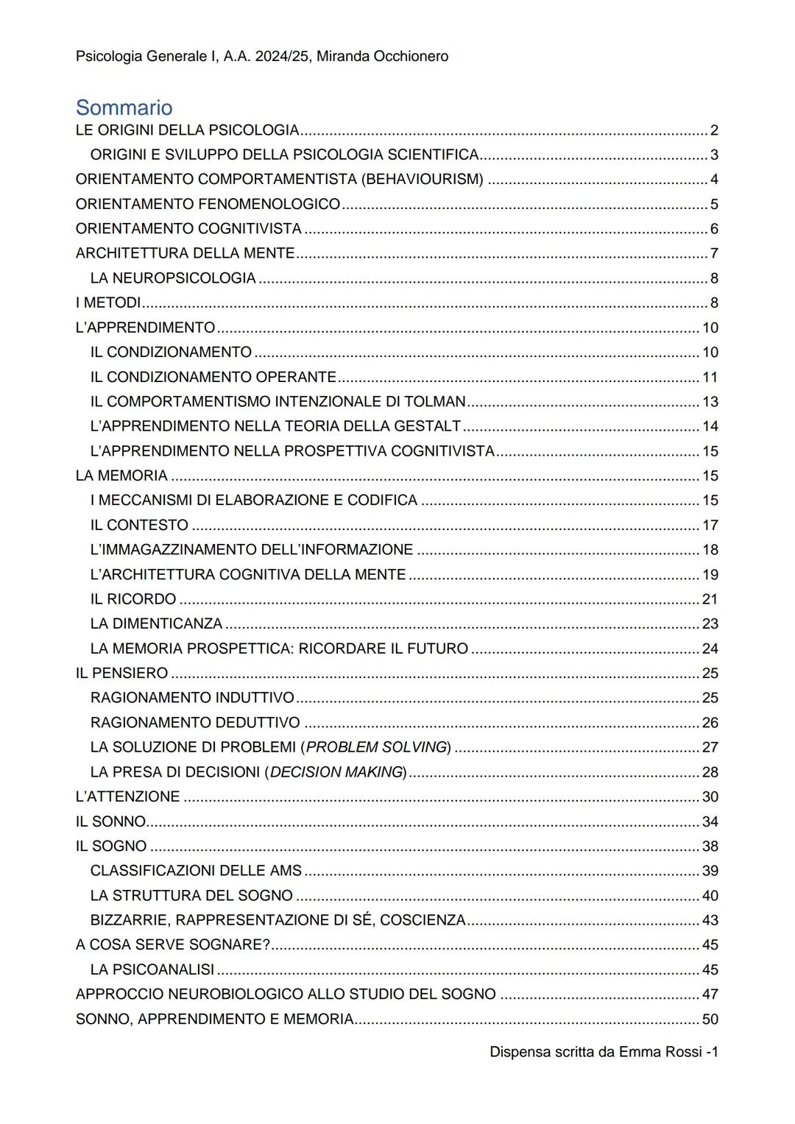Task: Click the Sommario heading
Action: [124, 107]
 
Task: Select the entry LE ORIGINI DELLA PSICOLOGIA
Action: [187, 130]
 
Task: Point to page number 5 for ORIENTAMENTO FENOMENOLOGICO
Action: [714, 205]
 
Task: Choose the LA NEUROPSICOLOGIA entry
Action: [173, 278]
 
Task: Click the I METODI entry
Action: [108, 303]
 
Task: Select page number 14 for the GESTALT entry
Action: [710, 426]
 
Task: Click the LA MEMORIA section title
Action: [121, 476]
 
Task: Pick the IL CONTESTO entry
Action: [139, 525]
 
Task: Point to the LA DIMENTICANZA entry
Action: [156, 623]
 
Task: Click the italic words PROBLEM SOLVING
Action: [376, 747]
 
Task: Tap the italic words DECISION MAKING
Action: [337, 772]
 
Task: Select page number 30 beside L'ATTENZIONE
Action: [710, 796]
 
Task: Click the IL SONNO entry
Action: [110, 821]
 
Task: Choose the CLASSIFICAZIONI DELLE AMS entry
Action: [196, 871]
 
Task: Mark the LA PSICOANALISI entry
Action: [152, 969]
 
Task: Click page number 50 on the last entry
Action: [710, 1019]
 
